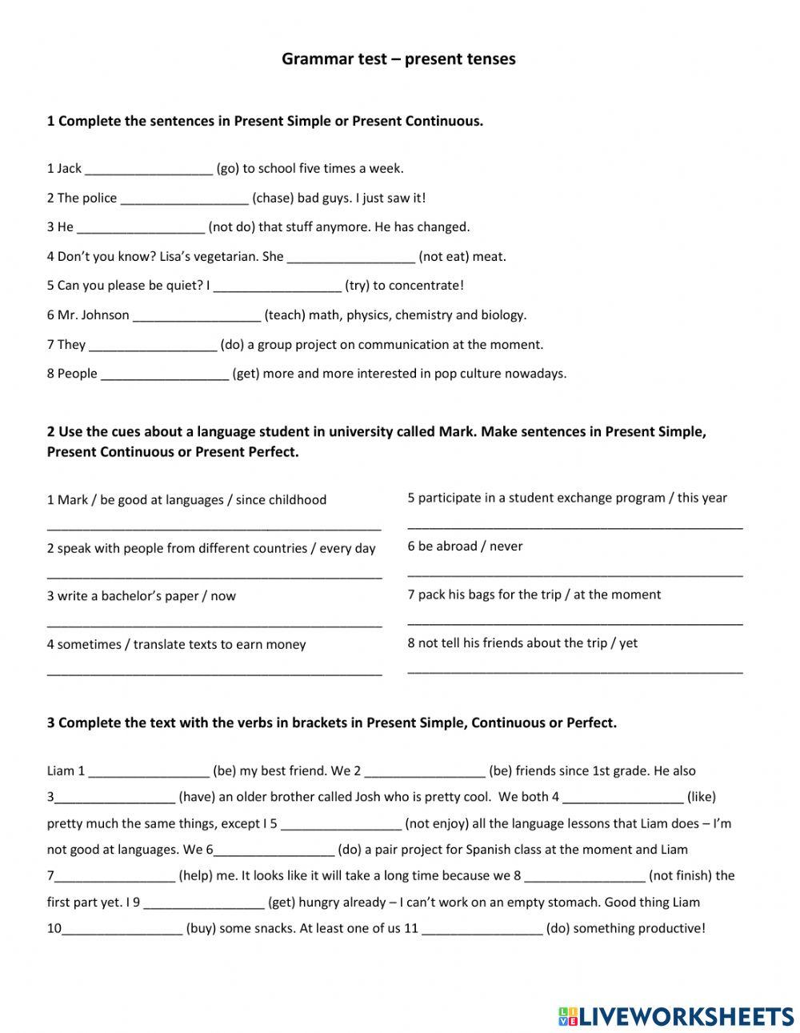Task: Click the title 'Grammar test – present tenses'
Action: (398, 59)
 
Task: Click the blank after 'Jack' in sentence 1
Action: (149, 169)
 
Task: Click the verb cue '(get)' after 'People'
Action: (246, 374)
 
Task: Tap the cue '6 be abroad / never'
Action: (465, 547)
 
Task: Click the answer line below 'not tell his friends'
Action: (574, 670)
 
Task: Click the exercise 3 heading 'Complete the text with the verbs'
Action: (332, 723)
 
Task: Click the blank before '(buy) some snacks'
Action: (122, 929)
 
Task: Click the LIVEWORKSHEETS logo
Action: (675, 1015)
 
